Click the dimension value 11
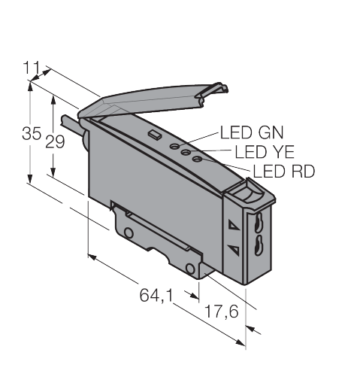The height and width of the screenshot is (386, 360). (32, 68)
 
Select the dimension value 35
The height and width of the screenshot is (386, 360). (32, 133)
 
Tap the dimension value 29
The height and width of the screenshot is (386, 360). (55, 142)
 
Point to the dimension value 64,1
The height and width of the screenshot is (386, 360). (156, 295)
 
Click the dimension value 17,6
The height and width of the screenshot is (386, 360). (221, 312)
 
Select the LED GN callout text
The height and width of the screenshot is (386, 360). (252, 132)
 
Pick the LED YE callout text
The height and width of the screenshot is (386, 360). (265, 152)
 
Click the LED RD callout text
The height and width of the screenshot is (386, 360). (284, 172)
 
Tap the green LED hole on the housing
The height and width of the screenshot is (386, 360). (174, 146)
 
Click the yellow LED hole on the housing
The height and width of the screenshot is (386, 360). (186, 152)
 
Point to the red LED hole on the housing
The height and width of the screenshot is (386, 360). (197, 159)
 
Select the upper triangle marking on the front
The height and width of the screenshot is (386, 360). (234, 224)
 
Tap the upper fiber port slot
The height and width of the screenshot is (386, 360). (259, 222)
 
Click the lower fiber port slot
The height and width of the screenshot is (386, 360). (259, 245)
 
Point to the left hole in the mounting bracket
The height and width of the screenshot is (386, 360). (129, 233)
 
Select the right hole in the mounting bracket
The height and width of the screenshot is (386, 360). (190, 269)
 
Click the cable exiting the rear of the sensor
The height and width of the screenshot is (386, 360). (72, 126)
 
